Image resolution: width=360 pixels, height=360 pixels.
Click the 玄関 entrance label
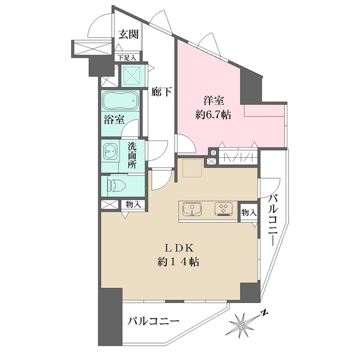coord(128,34)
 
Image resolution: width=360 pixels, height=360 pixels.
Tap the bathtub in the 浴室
coord(119,100)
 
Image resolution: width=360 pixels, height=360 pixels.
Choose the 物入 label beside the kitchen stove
coord(248,212)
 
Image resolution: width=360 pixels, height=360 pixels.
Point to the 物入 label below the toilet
coord(133,205)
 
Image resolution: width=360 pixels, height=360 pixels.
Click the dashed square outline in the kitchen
coord(193,169)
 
